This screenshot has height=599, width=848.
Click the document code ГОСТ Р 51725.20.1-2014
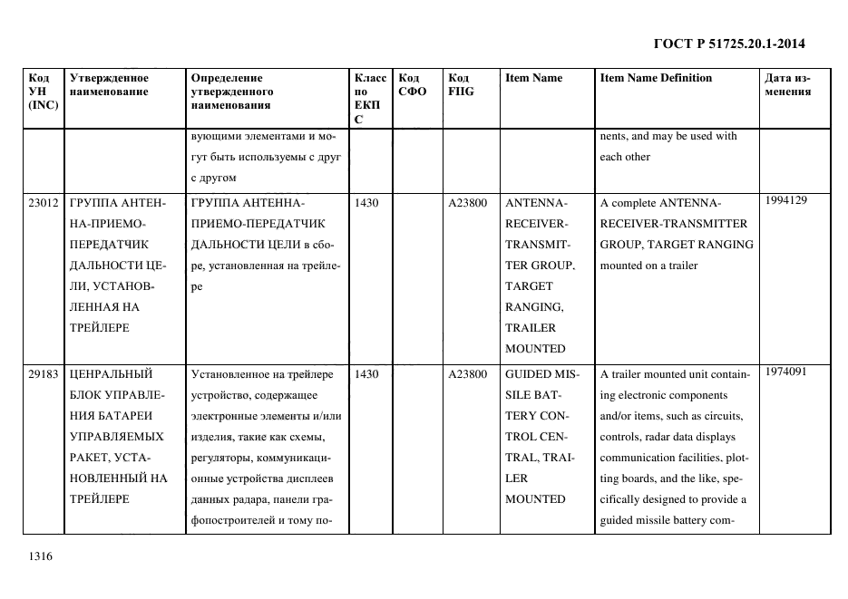tap(730, 43)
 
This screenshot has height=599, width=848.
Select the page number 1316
tap(41, 556)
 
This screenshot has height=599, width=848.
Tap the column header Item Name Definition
tap(656, 78)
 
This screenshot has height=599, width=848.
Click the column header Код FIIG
tap(461, 84)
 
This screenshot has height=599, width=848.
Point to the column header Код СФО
tap(413, 84)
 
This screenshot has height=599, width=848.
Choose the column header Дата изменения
tap(787, 84)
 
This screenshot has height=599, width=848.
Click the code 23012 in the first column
tap(44, 203)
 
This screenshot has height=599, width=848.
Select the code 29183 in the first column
tap(44, 373)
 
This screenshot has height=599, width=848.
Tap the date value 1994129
tap(785, 200)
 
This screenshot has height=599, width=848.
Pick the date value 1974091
tap(785, 371)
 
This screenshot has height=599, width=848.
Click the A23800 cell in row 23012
tap(467, 203)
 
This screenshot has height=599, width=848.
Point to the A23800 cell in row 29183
tap(467, 373)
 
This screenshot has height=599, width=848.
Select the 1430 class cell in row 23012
tap(366, 203)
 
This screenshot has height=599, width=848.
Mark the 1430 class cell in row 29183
tap(366, 373)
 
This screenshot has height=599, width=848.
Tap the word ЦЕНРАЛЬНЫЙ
tap(111, 373)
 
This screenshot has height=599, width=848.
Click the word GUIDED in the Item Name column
tap(526, 373)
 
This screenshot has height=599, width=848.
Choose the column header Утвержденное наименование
tap(109, 84)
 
